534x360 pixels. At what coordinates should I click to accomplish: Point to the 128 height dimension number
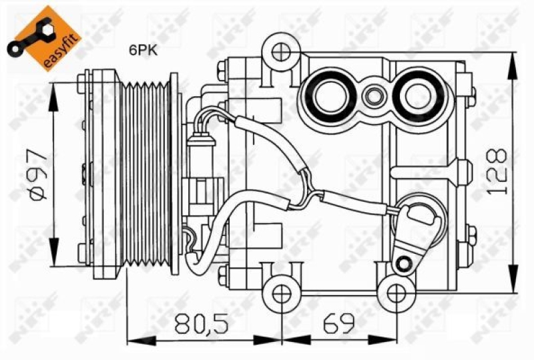pos(497,172)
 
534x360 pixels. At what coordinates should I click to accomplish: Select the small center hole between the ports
pos(374,98)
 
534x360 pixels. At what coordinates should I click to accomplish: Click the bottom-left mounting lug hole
pos(278,292)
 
